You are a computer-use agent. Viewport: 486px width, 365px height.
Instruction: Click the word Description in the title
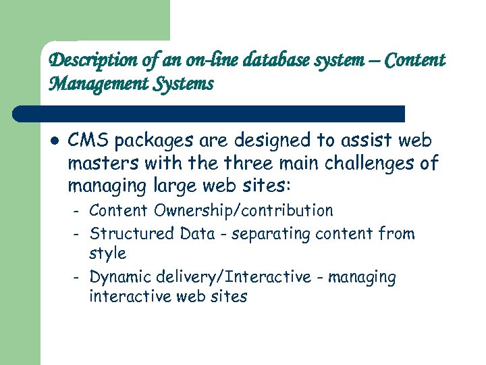point(84,61)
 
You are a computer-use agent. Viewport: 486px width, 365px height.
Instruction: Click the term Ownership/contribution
point(244,211)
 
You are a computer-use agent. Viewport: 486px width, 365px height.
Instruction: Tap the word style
point(107,254)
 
